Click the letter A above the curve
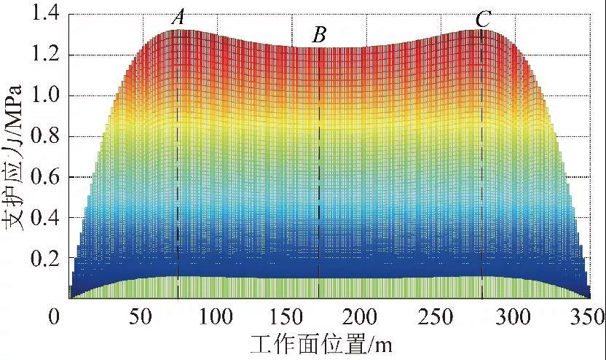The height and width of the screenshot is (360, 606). [x=178, y=18]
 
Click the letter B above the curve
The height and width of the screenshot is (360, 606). [x=319, y=34]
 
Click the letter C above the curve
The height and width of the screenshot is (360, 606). [x=483, y=20]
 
